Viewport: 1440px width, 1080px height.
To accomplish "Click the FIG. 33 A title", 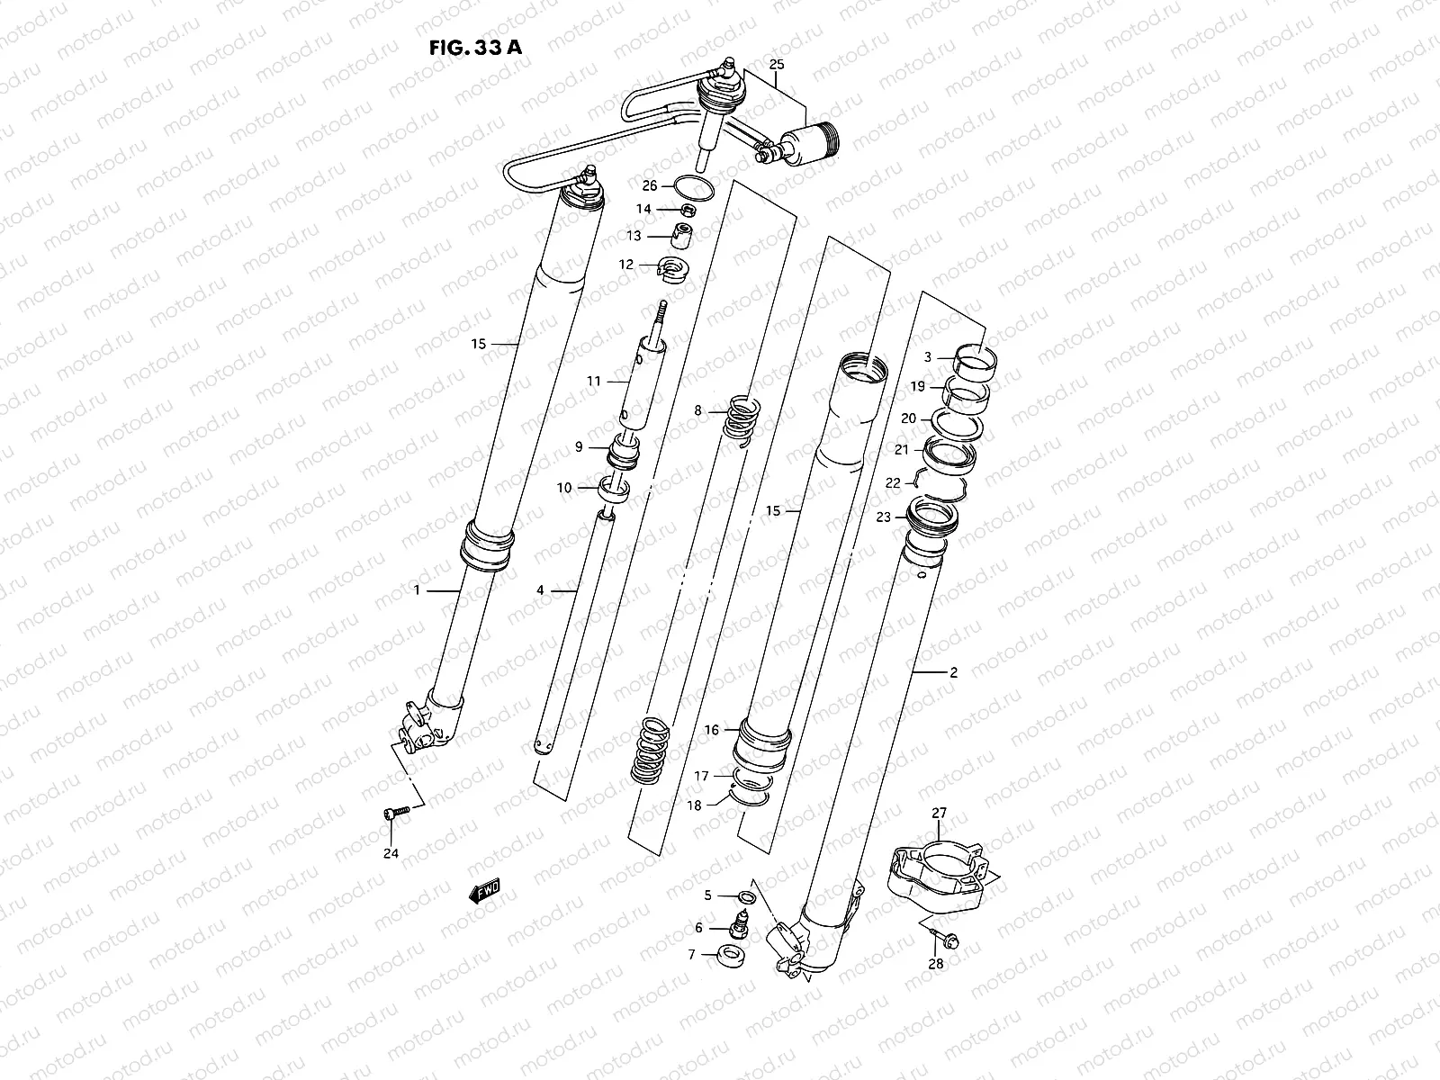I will [475, 48].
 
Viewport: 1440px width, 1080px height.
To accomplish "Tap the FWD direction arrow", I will [484, 892].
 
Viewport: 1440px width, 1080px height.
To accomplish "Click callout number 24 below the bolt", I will [391, 852].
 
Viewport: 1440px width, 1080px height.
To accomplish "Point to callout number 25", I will [778, 64].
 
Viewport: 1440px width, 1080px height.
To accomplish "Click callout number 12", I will [651, 265].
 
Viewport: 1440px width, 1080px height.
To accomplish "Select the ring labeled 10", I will [615, 490].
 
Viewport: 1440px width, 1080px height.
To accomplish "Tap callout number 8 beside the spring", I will [697, 410].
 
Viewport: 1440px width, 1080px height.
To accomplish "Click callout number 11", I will [594, 381].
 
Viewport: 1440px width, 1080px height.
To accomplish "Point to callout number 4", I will [540, 590].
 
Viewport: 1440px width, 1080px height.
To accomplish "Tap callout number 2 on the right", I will [954, 672].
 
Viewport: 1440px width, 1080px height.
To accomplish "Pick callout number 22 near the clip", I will [893, 483].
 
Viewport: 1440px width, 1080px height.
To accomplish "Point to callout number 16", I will [711, 730].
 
